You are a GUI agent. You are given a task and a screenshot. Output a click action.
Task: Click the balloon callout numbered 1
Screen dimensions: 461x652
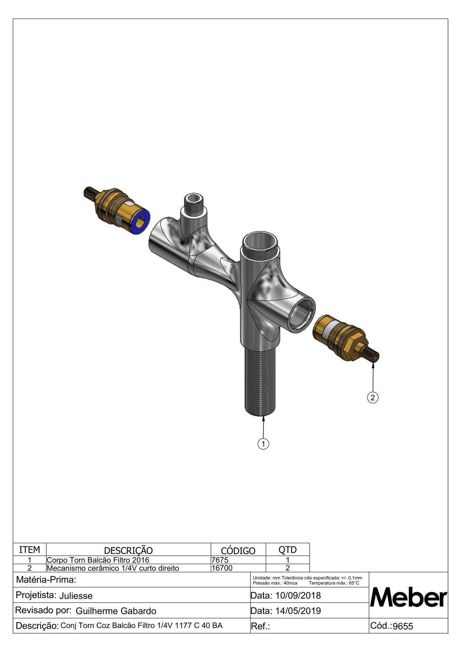click(263, 444)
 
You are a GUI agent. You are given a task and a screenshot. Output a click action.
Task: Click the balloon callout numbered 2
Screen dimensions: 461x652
click(373, 397)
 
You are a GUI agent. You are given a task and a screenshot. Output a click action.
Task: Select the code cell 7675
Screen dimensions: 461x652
click(220, 560)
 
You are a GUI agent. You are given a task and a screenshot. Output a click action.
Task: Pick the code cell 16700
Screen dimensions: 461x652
click(222, 568)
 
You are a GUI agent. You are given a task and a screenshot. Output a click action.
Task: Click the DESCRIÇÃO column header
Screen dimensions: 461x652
click(128, 551)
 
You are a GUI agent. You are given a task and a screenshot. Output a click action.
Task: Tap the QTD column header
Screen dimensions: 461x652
click(287, 550)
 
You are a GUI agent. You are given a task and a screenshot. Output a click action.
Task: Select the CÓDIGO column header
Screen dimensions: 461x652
click(238, 551)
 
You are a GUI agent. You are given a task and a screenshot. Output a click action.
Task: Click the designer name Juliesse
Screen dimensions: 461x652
click(76, 596)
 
